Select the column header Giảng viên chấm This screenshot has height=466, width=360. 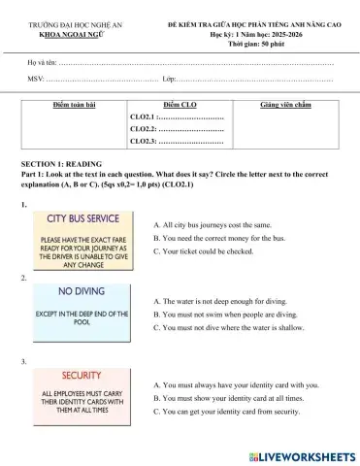coord(285,103)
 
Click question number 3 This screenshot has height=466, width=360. coord(23,361)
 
